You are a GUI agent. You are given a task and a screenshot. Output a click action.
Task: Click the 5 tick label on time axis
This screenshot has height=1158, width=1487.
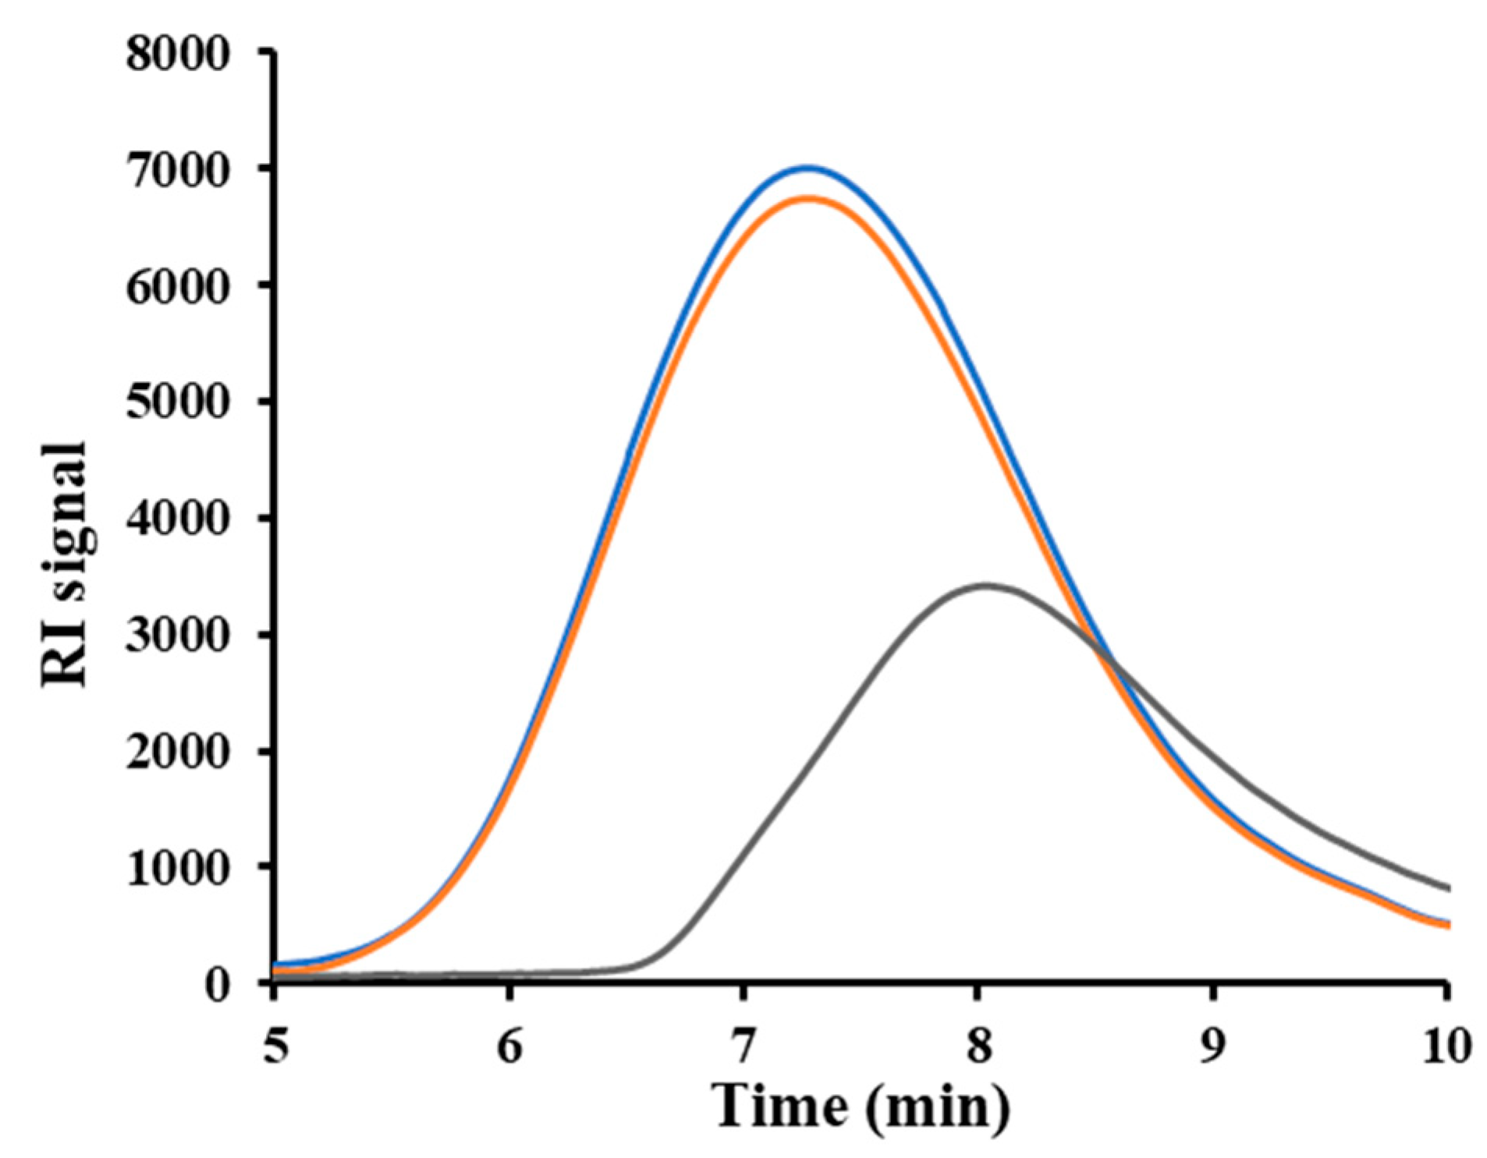click(275, 1046)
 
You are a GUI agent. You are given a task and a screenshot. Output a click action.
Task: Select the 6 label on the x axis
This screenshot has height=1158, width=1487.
click(509, 1046)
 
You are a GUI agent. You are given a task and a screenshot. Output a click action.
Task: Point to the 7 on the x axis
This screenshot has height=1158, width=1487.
click(743, 1046)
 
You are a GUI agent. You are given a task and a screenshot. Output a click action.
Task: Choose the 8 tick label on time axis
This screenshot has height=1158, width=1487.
click(978, 1046)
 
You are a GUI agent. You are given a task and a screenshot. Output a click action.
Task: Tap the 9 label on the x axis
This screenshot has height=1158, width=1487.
click(1212, 1046)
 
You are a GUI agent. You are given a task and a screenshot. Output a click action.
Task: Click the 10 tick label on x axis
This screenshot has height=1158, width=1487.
click(1444, 1046)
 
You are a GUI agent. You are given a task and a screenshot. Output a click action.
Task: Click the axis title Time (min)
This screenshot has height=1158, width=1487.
click(861, 1106)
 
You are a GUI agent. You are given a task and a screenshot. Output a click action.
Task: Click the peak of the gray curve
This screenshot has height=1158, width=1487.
click(985, 585)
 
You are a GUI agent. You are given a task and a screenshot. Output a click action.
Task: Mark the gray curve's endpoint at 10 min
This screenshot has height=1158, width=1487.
click(1446, 888)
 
